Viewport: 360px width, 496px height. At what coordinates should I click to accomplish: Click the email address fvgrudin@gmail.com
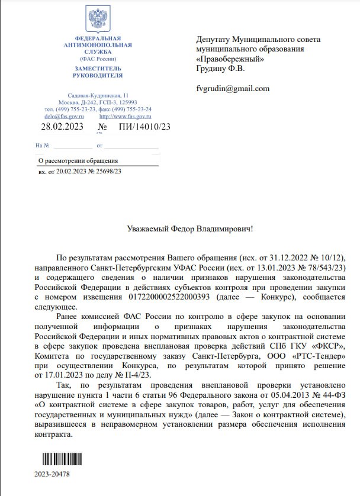coord(233,89)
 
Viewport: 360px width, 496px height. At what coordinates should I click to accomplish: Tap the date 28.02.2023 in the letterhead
coord(62,126)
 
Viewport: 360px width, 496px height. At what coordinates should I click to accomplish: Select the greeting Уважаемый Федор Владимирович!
coord(189,228)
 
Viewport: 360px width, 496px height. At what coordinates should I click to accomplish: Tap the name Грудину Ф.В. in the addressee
coord(220,69)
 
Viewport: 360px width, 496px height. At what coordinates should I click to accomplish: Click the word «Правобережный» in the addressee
coord(230,59)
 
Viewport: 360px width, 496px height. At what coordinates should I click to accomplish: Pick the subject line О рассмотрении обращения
coord(78,160)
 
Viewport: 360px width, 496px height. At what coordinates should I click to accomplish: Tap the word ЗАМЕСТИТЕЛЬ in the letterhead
coord(97,69)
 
